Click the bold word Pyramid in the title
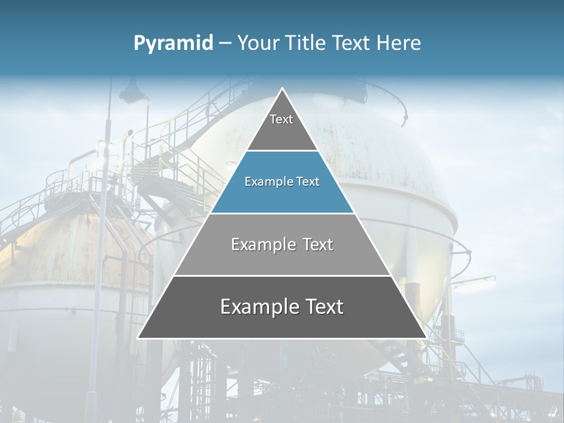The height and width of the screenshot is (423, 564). click(173, 43)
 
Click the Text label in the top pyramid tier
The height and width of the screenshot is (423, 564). click(281, 119)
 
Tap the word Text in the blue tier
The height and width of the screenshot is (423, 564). click(308, 182)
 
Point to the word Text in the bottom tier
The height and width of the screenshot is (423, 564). click(323, 307)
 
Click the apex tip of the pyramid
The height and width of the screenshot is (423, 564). click(282, 89)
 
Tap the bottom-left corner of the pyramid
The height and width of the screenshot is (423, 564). click(139, 338)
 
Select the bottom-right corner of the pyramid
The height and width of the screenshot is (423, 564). click(425, 338)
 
